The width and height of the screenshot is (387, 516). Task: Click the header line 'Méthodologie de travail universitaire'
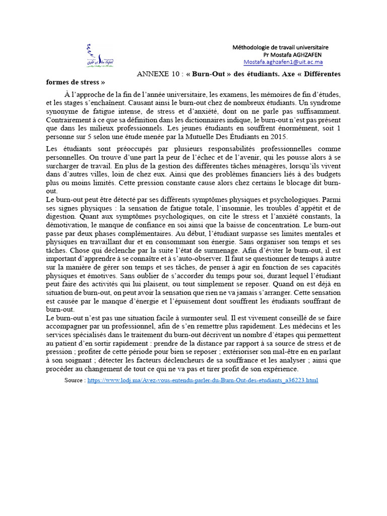[x=280, y=47]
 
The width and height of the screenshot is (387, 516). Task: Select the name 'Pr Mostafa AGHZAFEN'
[x=293, y=54]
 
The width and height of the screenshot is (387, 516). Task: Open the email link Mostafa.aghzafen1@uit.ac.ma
[x=283, y=62]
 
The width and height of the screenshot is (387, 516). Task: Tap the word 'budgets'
[x=328, y=175]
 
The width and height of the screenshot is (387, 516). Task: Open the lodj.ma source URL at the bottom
[x=203, y=380]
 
